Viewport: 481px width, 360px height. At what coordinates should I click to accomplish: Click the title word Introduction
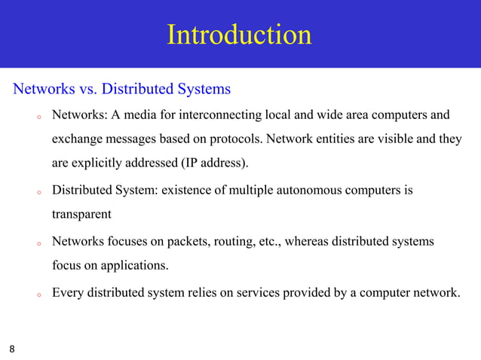point(239,35)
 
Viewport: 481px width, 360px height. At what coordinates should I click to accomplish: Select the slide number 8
point(11,349)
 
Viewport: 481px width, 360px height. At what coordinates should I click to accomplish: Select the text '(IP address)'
point(214,163)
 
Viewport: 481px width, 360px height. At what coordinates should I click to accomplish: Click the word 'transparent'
point(81,214)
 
